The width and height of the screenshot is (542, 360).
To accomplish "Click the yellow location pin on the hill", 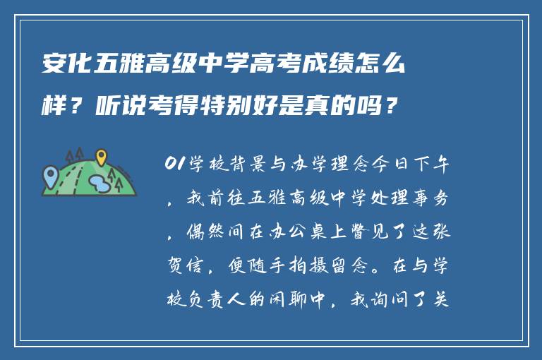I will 102,157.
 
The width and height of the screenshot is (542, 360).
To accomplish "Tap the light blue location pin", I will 50,173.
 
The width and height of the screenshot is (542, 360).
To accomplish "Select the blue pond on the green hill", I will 100,185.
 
